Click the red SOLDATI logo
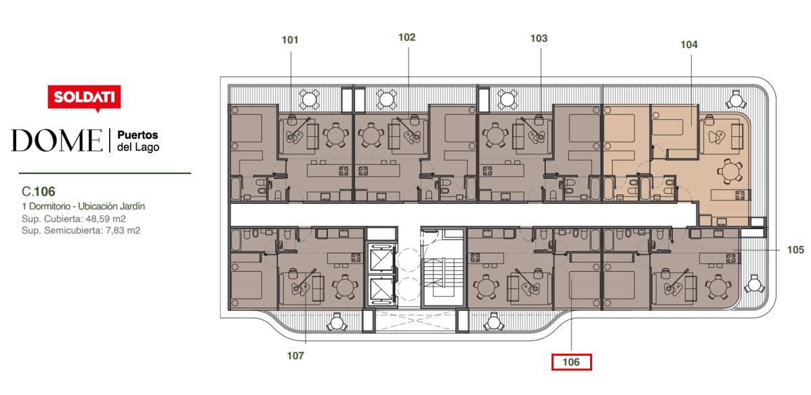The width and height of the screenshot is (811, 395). click(84, 97)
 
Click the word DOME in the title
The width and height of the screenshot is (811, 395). click(57, 141)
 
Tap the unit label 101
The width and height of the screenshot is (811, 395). click(290, 39)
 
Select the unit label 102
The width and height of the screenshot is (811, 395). click(407, 37)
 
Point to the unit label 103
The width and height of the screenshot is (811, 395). click(539, 38)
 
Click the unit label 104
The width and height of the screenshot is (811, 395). click(689, 45)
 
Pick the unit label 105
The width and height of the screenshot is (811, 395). click(795, 250)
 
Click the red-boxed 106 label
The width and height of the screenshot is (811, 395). click(571, 362)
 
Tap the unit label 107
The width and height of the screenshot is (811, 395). click(295, 356)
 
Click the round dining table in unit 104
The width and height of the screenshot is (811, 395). click(728, 171)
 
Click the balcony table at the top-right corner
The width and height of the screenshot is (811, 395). click(735, 99)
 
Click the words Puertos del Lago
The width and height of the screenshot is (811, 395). click(138, 141)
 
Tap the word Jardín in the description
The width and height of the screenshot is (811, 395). click(133, 206)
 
